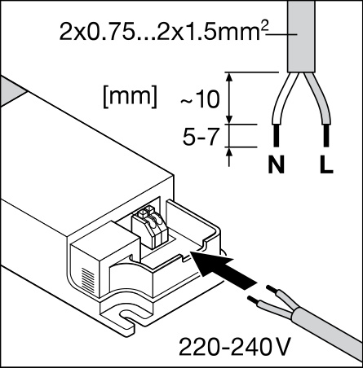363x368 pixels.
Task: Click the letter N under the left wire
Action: [x=276, y=164]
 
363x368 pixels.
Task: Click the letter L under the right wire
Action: [x=326, y=164]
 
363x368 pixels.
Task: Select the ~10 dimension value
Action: [x=200, y=99]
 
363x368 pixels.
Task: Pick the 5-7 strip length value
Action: [x=201, y=137]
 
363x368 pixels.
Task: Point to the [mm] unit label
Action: [x=130, y=95]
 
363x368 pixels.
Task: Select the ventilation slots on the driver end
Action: [x=88, y=280]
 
